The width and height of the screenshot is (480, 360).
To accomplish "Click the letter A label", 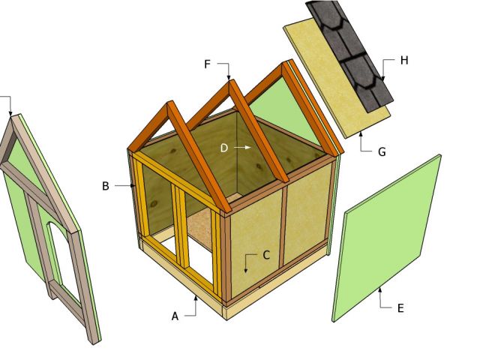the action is click(175, 316).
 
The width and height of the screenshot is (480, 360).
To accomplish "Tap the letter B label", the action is click(105, 186).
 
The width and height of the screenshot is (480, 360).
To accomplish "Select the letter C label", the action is click(266, 255).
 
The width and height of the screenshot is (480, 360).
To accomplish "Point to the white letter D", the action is click(224, 148).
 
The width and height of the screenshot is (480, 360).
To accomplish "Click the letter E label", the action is click(400, 308).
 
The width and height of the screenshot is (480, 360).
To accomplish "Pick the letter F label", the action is click(207, 64).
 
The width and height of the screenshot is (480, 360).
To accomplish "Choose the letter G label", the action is click(382, 151).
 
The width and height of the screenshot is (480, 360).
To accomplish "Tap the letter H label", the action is click(404, 60).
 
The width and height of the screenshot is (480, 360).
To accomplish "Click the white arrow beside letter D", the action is click(242, 148).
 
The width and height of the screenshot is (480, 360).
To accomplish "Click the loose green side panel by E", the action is click(387, 238).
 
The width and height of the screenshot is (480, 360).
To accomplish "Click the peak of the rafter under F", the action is click(230, 82).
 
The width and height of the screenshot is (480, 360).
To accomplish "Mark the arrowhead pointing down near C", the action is click(245, 270).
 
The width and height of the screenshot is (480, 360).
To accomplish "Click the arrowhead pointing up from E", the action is click(380, 290).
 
